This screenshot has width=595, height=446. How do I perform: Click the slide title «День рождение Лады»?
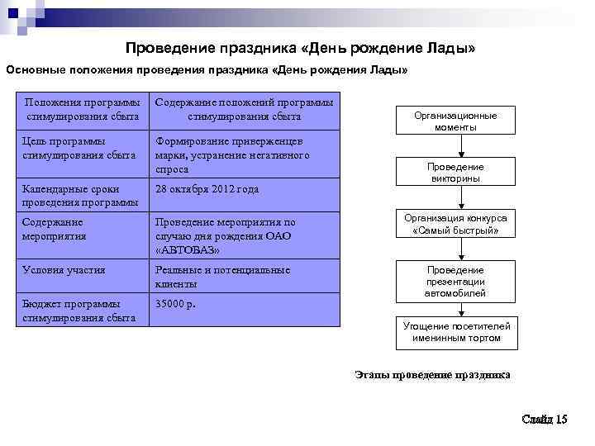tap(300, 49)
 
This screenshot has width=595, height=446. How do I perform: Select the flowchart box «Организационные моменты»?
tap(455, 121)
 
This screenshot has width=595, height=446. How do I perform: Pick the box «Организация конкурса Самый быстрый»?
tap(455, 224)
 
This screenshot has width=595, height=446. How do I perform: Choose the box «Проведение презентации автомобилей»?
tap(455, 282)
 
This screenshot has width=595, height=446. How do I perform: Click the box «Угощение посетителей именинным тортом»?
tap(456, 332)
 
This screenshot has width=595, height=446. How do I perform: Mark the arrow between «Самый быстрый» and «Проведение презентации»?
tap(455, 249)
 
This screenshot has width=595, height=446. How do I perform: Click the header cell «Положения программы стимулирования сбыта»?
tap(83, 109)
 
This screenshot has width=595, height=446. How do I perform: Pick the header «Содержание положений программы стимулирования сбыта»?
tap(244, 109)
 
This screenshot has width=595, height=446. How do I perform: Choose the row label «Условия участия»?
tap(64, 270)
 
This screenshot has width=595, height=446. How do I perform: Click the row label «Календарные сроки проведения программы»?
tap(80, 196)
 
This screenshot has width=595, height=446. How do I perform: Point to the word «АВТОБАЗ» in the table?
tap(188, 249)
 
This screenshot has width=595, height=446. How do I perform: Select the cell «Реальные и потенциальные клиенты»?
tap(223, 277)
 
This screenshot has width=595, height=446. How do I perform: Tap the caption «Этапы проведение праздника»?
tap(432, 375)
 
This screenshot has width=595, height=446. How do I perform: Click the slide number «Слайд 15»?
tap(545, 420)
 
